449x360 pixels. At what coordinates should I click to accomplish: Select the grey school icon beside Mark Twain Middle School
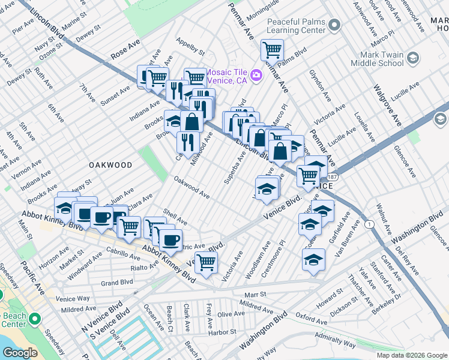(x=413, y=58)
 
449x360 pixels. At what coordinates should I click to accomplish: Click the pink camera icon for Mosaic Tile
(x=256, y=74)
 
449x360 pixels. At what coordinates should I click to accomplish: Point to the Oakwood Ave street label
(x=191, y=188)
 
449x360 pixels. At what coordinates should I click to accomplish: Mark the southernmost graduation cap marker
(x=313, y=260)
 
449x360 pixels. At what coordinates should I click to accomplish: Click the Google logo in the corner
(x=20, y=353)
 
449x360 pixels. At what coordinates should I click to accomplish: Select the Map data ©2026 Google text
(x=411, y=355)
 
